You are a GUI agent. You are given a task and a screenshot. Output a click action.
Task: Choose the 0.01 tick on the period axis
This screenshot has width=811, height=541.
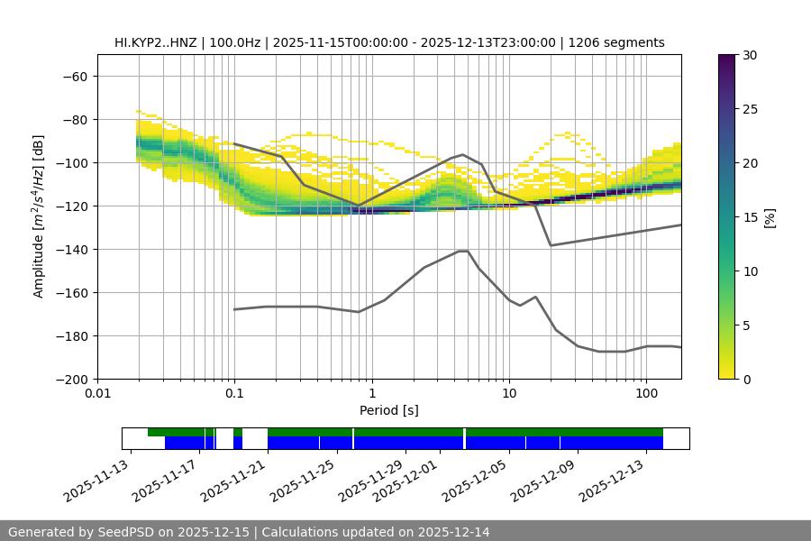(x=97, y=394)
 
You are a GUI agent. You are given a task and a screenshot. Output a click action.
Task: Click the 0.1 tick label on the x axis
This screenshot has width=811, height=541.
(x=234, y=394)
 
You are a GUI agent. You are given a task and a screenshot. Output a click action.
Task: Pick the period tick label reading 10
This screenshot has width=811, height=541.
(x=508, y=394)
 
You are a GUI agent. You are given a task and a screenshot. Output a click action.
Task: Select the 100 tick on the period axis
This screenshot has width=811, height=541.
(x=646, y=394)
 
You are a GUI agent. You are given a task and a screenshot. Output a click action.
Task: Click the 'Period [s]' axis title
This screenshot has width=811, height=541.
(x=389, y=410)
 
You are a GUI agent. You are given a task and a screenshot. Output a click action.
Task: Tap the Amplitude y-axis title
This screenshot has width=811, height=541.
(x=38, y=216)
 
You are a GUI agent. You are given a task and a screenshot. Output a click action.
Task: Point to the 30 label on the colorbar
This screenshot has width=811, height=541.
(x=750, y=55)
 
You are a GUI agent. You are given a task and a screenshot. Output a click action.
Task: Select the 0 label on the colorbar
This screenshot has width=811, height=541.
(x=746, y=379)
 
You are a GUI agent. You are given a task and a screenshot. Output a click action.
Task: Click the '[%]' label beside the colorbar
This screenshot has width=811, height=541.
(x=769, y=216)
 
